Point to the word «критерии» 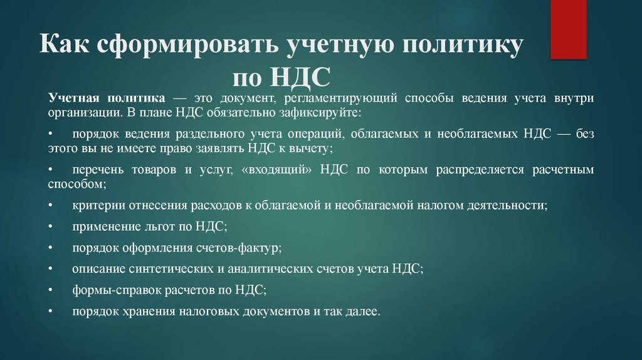tap(98, 205)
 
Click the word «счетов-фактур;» tap(246, 248)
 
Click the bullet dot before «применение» tap(51, 227)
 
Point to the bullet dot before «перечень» tap(51, 170)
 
